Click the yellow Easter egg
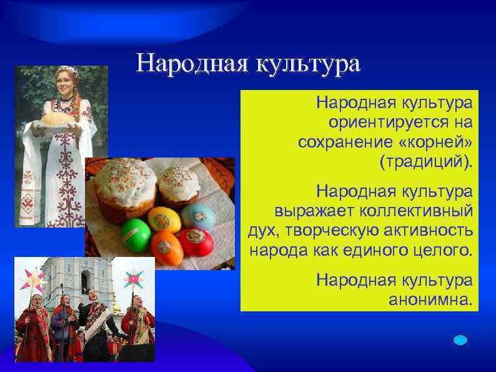coord(164,219)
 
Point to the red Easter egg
coord(196,241)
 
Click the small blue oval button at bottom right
coord(460,339)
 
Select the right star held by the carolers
coord(133,278)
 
